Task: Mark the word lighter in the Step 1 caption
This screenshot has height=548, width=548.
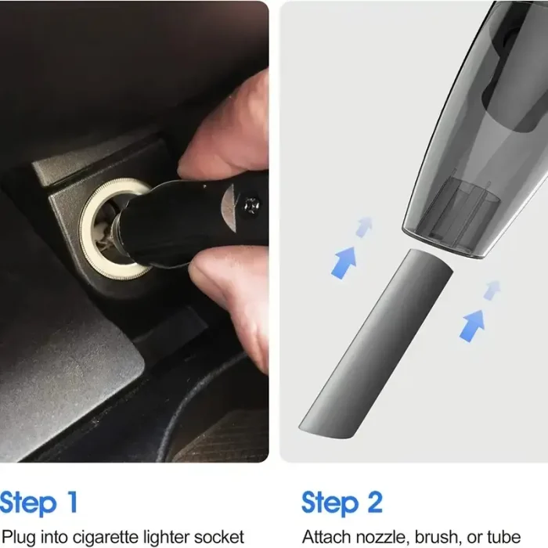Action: (170, 536)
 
